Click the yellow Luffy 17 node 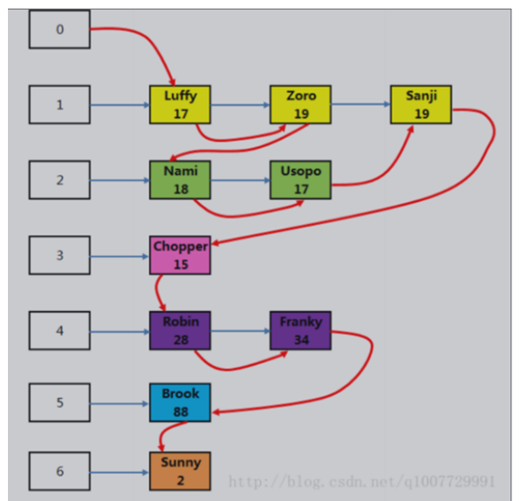pos(180,104)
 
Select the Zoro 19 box pos(301,104)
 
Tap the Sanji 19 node pos(421,104)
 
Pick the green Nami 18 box pos(180,180)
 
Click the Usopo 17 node pos(301,180)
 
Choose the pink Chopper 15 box pos(180,256)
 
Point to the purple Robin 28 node pos(180,331)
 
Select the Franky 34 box pos(301,331)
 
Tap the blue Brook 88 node pos(180,402)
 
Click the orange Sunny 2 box pos(180,471)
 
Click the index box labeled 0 pos(60,29)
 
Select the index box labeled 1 pos(60,105)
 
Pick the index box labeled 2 pos(60,180)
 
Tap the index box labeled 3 pos(60,256)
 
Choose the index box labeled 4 pos(60,332)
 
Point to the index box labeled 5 pos(60,403)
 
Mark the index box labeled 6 pos(60,471)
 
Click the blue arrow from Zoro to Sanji pos(360,105)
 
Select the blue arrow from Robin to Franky pos(240,332)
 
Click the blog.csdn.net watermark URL pos(361,482)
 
